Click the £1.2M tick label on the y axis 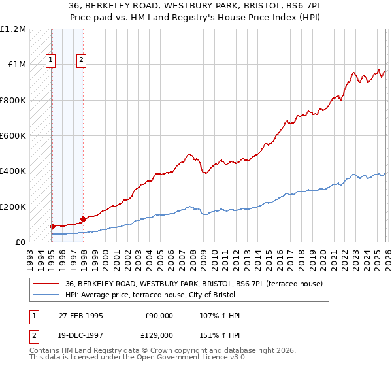(x=13, y=29)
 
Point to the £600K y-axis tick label (x=13, y=136)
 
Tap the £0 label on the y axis (x=21, y=242)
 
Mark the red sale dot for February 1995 (x=52, y=226)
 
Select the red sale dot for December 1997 (x=83, y=220)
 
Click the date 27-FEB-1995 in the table (x=80, y=316)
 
